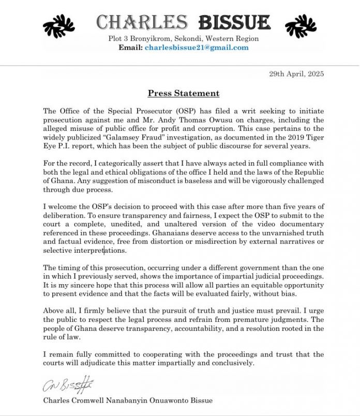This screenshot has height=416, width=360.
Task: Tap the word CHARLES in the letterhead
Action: point(142,22)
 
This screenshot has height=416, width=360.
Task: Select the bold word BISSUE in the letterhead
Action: point(235,22)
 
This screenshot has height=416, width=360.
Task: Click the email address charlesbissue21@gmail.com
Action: point(197,48)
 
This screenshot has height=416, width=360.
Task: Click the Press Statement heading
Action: point(184,94)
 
